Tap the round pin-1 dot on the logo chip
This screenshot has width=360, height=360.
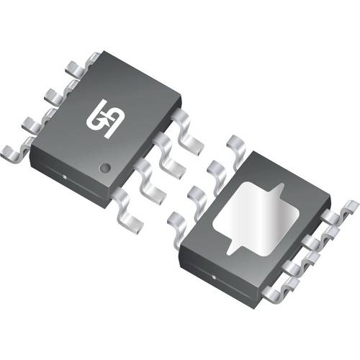[x=104, y=168]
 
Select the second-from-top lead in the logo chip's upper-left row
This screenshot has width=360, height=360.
[x=56, y=94]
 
